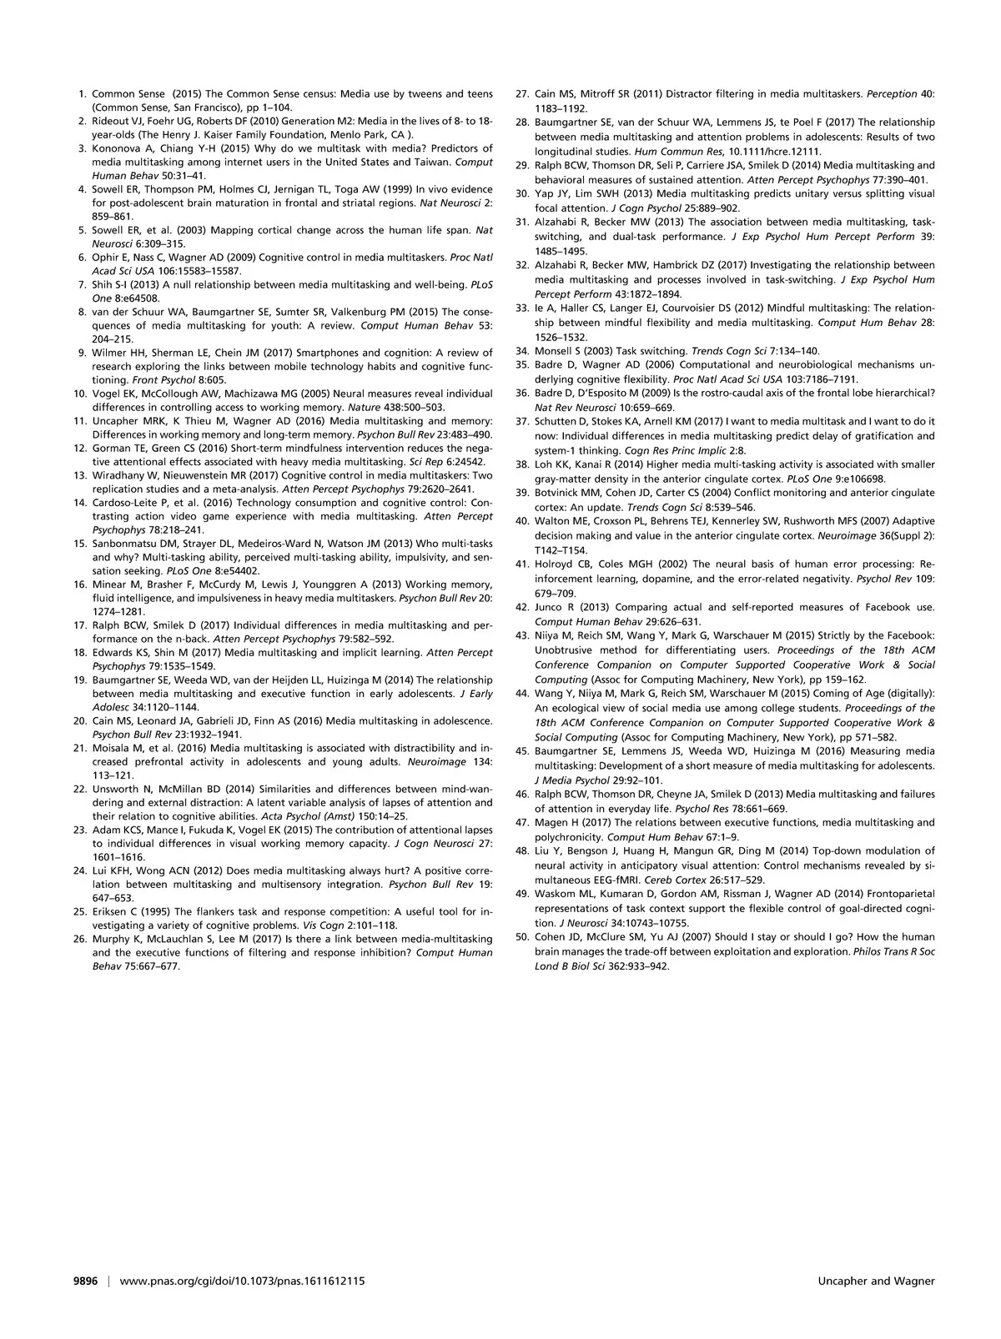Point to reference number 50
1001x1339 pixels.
[522, 937]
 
